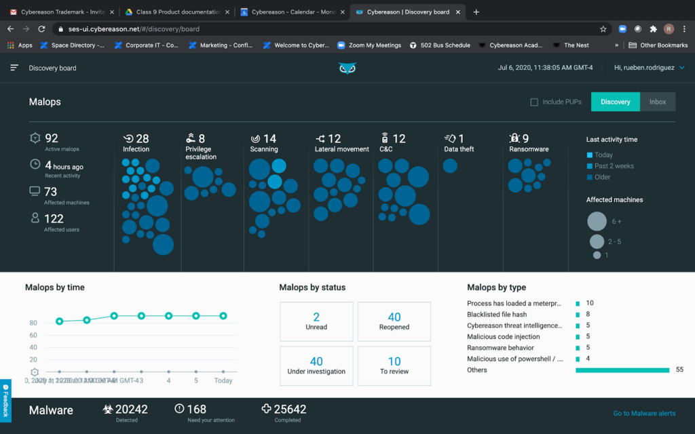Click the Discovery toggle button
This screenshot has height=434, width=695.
[615, 102]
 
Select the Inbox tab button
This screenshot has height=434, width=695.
[657, 102]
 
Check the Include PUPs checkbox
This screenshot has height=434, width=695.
[534, 102]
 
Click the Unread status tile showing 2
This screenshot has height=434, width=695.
[316, 321]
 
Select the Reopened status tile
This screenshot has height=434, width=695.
[394, 321]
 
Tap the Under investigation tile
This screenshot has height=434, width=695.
[316, 366]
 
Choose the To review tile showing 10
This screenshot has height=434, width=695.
[394, 366]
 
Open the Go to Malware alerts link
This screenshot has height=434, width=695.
[644, 413]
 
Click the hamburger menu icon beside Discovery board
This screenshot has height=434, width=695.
[14, 68]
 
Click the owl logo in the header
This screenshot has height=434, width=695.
[347, 68]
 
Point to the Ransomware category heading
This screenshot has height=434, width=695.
[528, 149]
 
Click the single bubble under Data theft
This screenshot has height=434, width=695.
[450, 165]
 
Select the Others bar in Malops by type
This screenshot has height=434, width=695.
[622, 370]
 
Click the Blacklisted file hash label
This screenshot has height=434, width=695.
[497, 315]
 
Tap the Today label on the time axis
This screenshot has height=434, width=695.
[223, 380]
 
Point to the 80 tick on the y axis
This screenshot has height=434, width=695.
[33, 323]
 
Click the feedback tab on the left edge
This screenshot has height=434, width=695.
[5, 400]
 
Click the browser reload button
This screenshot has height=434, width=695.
[41, 29]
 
